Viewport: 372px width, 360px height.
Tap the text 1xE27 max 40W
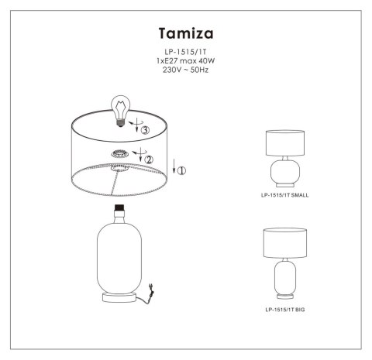coord(185,62)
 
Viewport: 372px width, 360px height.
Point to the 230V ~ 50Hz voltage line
coord(185,70)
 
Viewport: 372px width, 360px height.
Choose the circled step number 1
coord(181,169)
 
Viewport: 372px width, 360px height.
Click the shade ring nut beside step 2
coord(120,154)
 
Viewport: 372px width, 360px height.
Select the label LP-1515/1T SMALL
coord(285,195)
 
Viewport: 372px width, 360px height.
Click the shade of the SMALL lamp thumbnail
coord(285,143)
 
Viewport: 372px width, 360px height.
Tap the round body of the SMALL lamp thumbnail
coord(285,172)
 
